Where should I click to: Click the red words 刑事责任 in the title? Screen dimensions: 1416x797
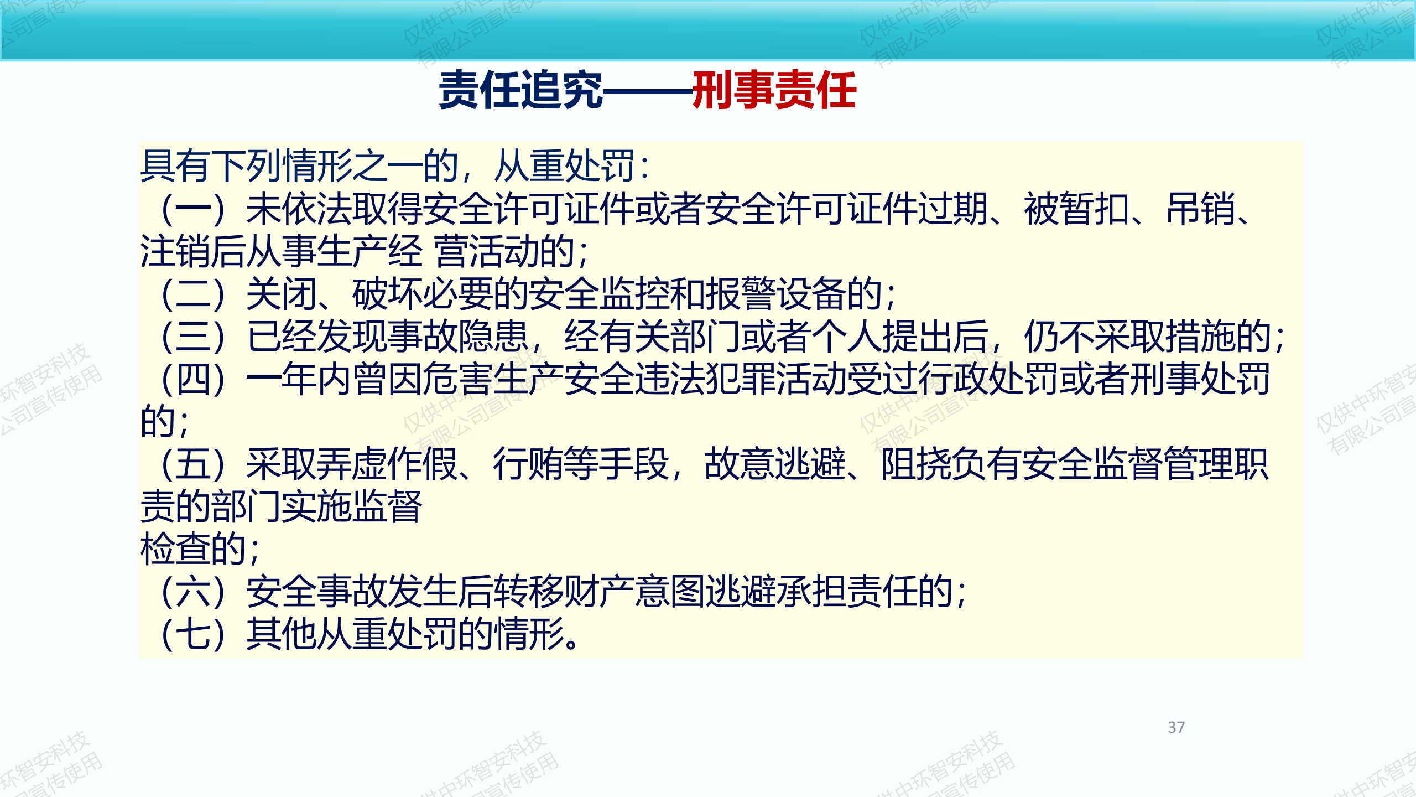tap(774, 90)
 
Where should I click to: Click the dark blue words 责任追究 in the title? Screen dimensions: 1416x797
tap(520, 90)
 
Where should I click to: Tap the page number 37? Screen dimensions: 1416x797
tap(1176, 727)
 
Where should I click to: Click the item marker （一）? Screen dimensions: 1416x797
tap(193, 209)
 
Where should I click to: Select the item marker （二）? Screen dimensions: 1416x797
tap(193, 294)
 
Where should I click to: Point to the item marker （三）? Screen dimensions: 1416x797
tap(193, 337)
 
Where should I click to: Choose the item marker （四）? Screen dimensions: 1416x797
tap(193, 379)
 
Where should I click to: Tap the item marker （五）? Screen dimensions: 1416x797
tap(193, 464)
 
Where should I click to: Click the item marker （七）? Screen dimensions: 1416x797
tap(193, 634)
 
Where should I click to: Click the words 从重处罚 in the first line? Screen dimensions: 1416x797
tap(564, 166)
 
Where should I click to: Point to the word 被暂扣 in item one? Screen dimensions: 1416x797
tap(1076, 209)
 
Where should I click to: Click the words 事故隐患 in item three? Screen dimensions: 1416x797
tap(458, 337)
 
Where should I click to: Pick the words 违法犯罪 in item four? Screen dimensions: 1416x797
tap(706, 379)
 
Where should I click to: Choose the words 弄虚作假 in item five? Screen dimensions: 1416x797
tap(387, 464)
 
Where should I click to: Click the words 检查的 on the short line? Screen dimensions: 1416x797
tap(193, 549)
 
